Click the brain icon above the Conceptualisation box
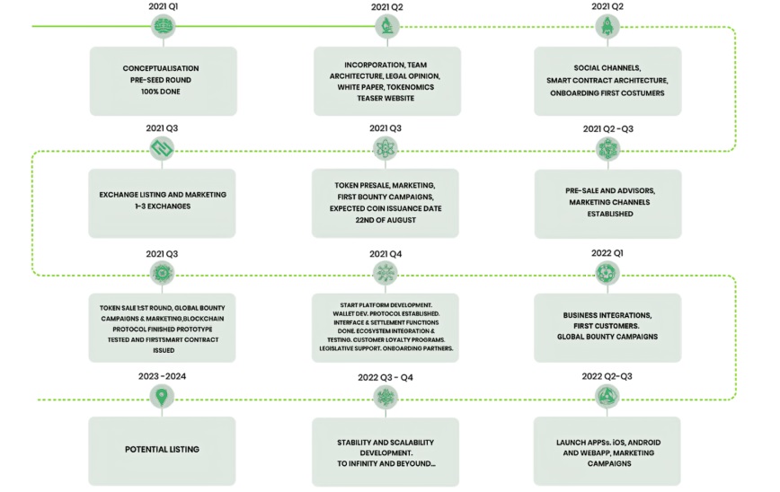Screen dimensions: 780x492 point(164,26)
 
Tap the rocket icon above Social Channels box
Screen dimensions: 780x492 point(607,26)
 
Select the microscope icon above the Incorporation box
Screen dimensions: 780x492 point(387,26)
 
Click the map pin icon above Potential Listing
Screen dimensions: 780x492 point(162,397)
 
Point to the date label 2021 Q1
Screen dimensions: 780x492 point(164,6)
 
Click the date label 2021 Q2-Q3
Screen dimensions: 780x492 point(607,128)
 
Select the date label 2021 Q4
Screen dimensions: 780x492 point(386,254)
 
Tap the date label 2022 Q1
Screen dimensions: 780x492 point(607,253)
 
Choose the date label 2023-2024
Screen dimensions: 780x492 point(162,376)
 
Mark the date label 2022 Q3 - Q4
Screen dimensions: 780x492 point(386,378)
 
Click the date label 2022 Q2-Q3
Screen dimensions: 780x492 point(607,376)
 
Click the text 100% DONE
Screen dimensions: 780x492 point(160,92)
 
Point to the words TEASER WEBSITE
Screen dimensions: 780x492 point(386,99)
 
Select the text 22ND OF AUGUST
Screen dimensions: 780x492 point(386,220)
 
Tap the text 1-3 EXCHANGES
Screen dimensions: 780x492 point(163,206)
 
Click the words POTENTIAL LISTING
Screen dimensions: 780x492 point(162,449)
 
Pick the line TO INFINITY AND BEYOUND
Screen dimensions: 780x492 point(386,463)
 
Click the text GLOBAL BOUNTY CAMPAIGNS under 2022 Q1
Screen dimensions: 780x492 point(607,337)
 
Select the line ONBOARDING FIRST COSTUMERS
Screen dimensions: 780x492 point(607,93)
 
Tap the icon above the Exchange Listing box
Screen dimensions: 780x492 point(162,148)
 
